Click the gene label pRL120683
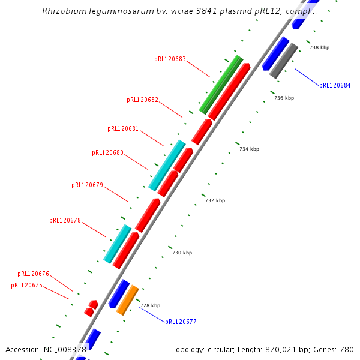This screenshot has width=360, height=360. (x=170, y=59)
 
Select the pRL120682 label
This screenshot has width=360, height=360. (x=142, y=100)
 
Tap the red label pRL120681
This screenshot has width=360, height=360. (x=123, y=128)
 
